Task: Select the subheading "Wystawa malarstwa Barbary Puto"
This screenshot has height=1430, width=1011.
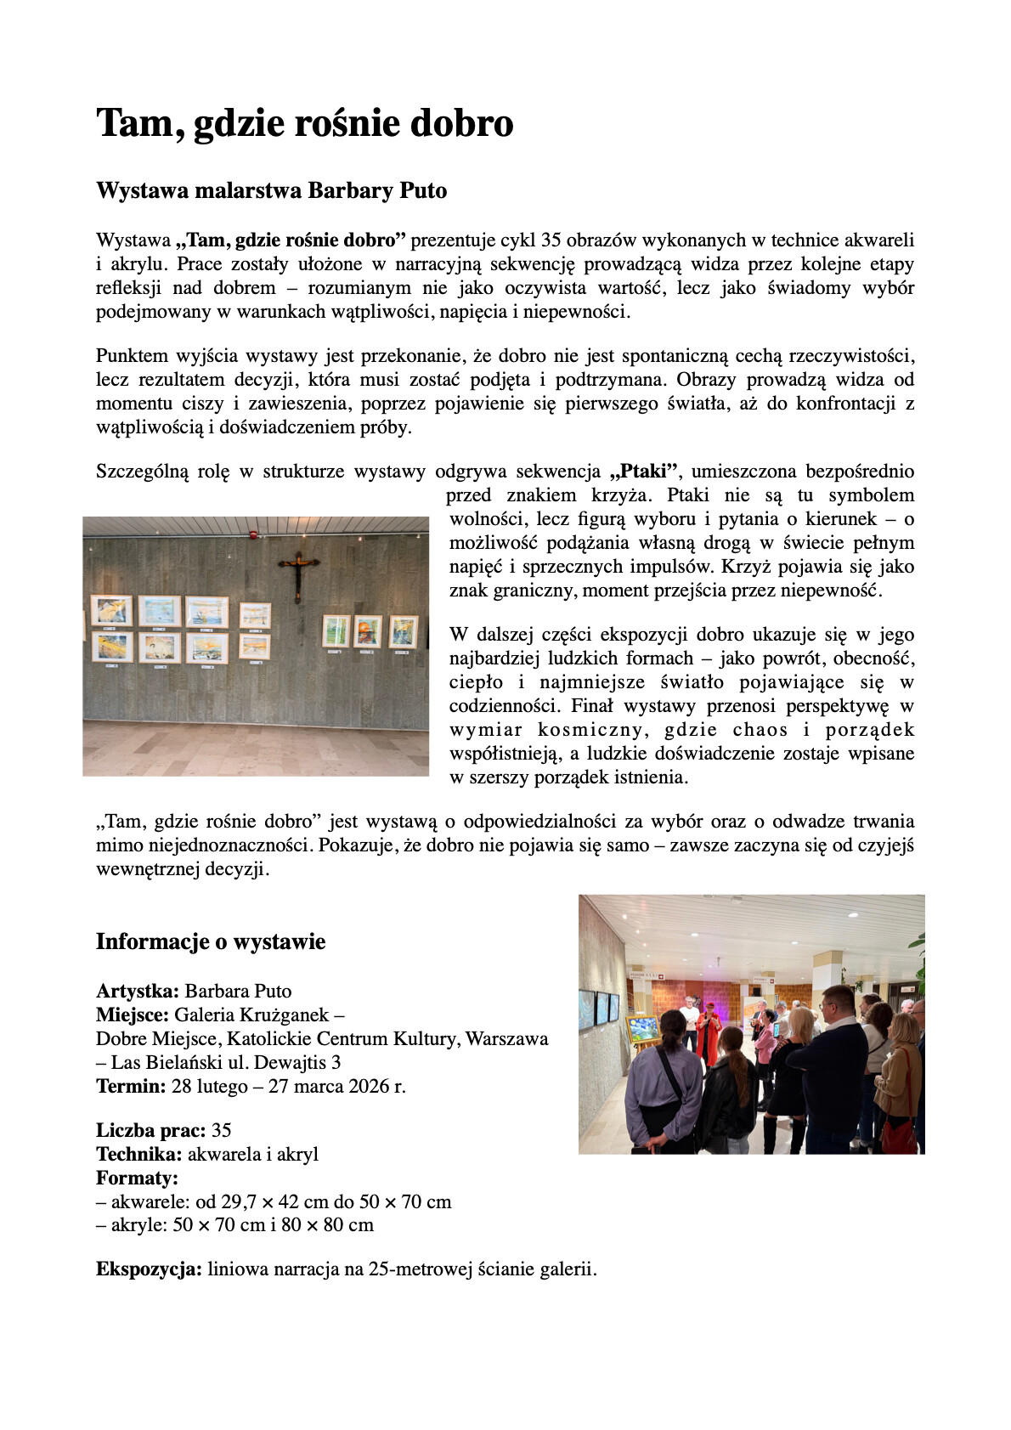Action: [x=271, y=190]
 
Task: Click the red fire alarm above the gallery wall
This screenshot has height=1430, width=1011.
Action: [x=252, y=535]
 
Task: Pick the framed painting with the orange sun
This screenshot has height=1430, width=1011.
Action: [x=368, y=631]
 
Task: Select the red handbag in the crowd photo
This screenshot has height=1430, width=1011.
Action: [x=898, y=1133]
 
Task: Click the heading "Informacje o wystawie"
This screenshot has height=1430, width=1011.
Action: [x=211, y=941]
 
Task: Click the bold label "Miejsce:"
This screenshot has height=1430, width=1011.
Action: [x=133, y=1015]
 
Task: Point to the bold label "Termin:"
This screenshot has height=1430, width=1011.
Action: [x=131, y=1086]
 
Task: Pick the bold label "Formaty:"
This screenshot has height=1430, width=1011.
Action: [x=137, y=1178]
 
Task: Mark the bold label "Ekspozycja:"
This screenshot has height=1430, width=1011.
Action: [x=149, y=1269]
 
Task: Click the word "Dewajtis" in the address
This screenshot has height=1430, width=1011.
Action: [x=289, y=1062]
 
